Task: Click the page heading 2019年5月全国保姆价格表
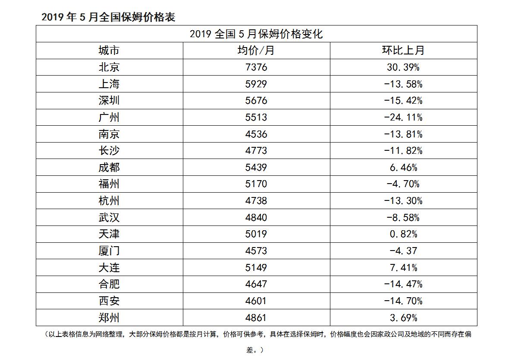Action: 108,17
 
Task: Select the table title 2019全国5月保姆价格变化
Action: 256,34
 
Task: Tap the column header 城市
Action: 109,51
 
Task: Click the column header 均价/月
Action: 256,51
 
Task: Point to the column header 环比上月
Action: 403,51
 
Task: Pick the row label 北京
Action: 109,67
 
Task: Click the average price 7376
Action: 256,67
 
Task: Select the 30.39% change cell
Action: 403,67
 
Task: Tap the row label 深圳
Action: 109,101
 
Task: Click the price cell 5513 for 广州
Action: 256,117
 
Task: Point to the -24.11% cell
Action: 403,117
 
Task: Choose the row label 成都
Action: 109,168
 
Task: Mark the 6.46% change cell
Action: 403,168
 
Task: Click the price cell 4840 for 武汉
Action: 256,218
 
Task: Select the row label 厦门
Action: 109,251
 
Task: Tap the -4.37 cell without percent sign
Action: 403,251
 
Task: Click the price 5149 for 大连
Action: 256,268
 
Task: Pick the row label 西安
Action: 109,301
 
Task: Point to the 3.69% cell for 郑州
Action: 403,318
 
